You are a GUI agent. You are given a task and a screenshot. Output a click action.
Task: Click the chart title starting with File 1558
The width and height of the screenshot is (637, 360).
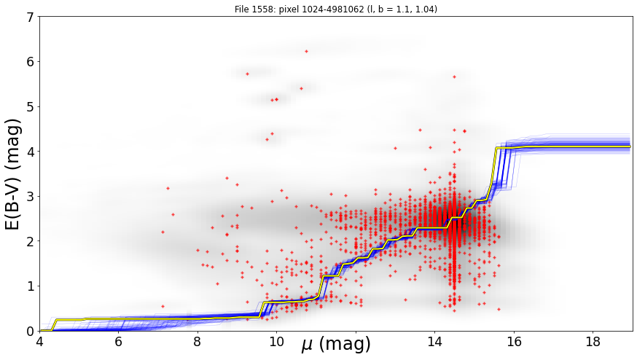click(335, 9)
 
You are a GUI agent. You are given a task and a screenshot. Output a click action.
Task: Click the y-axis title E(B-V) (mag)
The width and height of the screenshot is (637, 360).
click(12, 174)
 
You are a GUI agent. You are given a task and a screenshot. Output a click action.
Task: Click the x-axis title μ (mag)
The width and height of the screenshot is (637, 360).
click(335, 344)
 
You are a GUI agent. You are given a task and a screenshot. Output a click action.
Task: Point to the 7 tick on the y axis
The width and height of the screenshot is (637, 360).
click(30, 17)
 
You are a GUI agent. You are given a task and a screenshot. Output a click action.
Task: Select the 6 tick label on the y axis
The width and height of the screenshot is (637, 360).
click(30, 62)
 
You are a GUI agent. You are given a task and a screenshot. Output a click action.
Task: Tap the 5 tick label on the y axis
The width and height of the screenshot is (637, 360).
click(30, 106)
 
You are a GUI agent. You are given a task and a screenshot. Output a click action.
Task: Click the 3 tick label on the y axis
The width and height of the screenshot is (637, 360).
click(30, 196)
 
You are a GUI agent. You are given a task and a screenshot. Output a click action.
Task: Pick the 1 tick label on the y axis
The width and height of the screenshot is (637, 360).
click(30, 286)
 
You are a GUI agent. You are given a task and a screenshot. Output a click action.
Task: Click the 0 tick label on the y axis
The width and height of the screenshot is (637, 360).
click(30, 331)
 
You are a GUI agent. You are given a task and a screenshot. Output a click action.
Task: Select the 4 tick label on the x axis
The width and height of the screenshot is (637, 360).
click(39, 342)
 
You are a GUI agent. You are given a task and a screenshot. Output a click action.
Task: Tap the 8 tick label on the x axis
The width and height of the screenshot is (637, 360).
click(198, 342)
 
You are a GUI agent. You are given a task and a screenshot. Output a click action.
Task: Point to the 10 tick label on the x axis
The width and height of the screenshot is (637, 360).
click(277, 342)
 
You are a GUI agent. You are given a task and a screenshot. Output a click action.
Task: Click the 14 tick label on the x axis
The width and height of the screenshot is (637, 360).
click(434, 342)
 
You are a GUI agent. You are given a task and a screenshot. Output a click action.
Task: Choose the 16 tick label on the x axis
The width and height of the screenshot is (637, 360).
click(514, 342)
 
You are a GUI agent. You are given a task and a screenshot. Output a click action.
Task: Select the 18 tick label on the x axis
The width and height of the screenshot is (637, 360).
click(593, 342)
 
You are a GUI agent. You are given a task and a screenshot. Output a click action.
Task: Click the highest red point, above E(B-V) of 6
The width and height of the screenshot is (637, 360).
click(306, 51)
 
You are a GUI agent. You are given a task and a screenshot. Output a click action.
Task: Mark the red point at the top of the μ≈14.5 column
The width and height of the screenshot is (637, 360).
click(454, 77)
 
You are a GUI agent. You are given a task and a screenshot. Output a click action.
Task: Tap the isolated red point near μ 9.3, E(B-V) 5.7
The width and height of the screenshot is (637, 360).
click(247, 74)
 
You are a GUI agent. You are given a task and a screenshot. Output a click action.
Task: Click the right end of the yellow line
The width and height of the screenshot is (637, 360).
click(630, 146)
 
